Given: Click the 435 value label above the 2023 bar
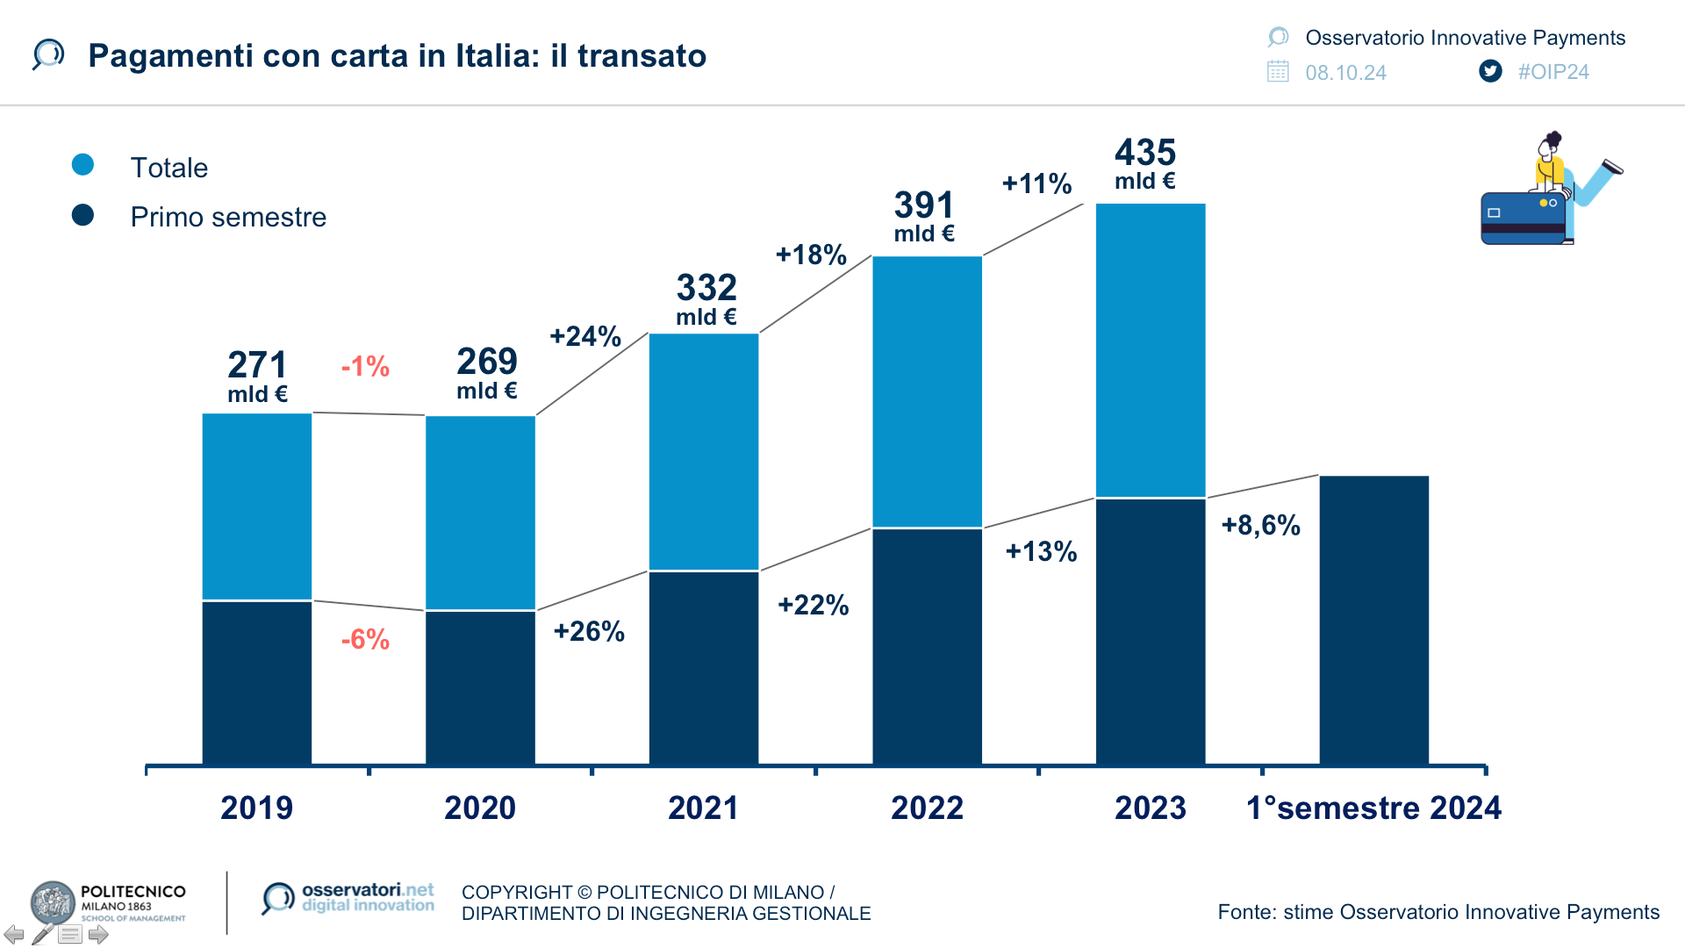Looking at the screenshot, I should (x=1145, y=154).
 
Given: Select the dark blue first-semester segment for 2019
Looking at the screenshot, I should (x=256, y=682).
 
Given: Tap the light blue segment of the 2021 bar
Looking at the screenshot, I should (x=703, y=451).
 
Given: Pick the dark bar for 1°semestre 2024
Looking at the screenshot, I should (x=1373, y=620).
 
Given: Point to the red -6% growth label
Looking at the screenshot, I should (x=365, y=639).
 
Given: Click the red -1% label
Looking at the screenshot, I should (x=365, y=366).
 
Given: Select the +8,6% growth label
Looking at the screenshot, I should (x=1260, y=525).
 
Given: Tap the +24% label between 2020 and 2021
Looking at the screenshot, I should (x=585, y=336).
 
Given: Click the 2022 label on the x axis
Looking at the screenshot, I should (x=927, y=808).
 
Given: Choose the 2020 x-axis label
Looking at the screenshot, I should (x=480, y=808).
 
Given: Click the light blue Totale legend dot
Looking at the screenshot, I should (x=82, y=165).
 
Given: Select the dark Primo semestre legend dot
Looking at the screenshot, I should (x=82, y=215).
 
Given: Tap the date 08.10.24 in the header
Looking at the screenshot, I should (x=1345, y=73).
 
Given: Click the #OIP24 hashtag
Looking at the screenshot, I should (x=1553, y=72).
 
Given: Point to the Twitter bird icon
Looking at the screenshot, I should (x=1490, y=71).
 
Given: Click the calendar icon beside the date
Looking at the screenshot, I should (x=1278, y=71).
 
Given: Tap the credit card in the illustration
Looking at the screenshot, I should (x=1524, y=218).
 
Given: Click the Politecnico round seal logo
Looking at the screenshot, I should (x=53, y=903).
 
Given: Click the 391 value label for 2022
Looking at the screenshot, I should (x=924, y=206).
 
